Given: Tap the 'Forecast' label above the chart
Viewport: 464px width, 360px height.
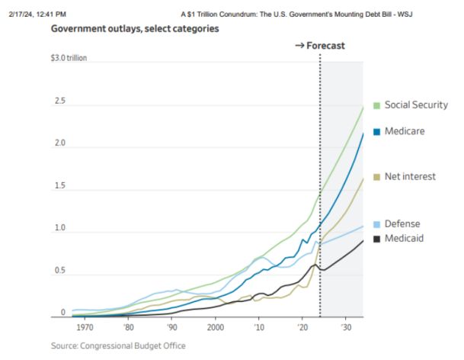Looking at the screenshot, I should coord(325,46).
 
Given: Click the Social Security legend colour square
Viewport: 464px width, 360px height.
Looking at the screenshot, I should coord(376,104).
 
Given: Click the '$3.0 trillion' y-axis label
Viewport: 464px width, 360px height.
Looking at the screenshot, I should coord(70,58).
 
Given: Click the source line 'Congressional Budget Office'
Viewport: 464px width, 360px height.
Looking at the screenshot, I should coord(118,346).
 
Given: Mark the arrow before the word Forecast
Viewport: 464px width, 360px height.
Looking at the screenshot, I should coord(299,46).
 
